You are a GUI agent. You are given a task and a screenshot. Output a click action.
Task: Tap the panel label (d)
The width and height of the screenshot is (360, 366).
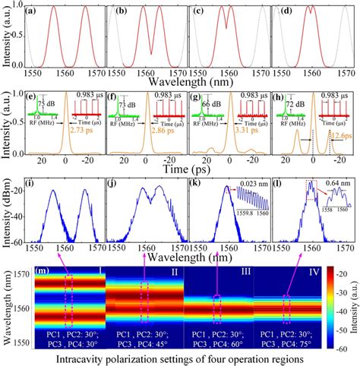click(x=276, y=13)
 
